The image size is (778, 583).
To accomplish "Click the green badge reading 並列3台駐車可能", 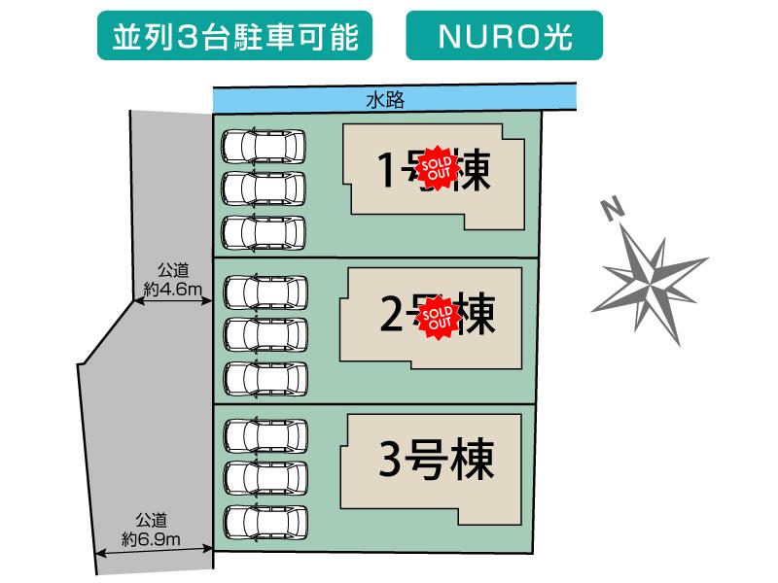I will pyautogui.click(x=235, y=37).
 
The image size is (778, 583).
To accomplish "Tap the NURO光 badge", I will pyautogui.click(x=504, y=37).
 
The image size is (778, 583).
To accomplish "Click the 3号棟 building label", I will pyautogui.click(x=436, y=458).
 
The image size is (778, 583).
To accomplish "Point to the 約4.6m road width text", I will pyautogui.click(x=171, y=289).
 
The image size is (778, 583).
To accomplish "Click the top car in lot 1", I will pyautogui.click(x=263, y=147).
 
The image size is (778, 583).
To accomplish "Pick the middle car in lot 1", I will pyautogui.click(x=263, y=189).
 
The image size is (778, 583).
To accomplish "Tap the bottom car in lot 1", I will pyautogui.click(x=263, y=232).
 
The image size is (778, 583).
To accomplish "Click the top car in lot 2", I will pyautogui.click(x=265, y=291).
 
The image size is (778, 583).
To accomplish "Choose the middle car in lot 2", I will pyautogui.click(x=265, y=333).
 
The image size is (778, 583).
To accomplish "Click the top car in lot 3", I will pyautogui.click(x=265, y=434).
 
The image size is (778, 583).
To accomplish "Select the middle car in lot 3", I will pyautogui.click(x=265, y=477).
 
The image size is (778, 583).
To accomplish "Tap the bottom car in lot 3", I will pyautogui.click(x=265, y=521).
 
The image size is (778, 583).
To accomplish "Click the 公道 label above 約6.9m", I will pyautogui.click(x=150, y=519).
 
